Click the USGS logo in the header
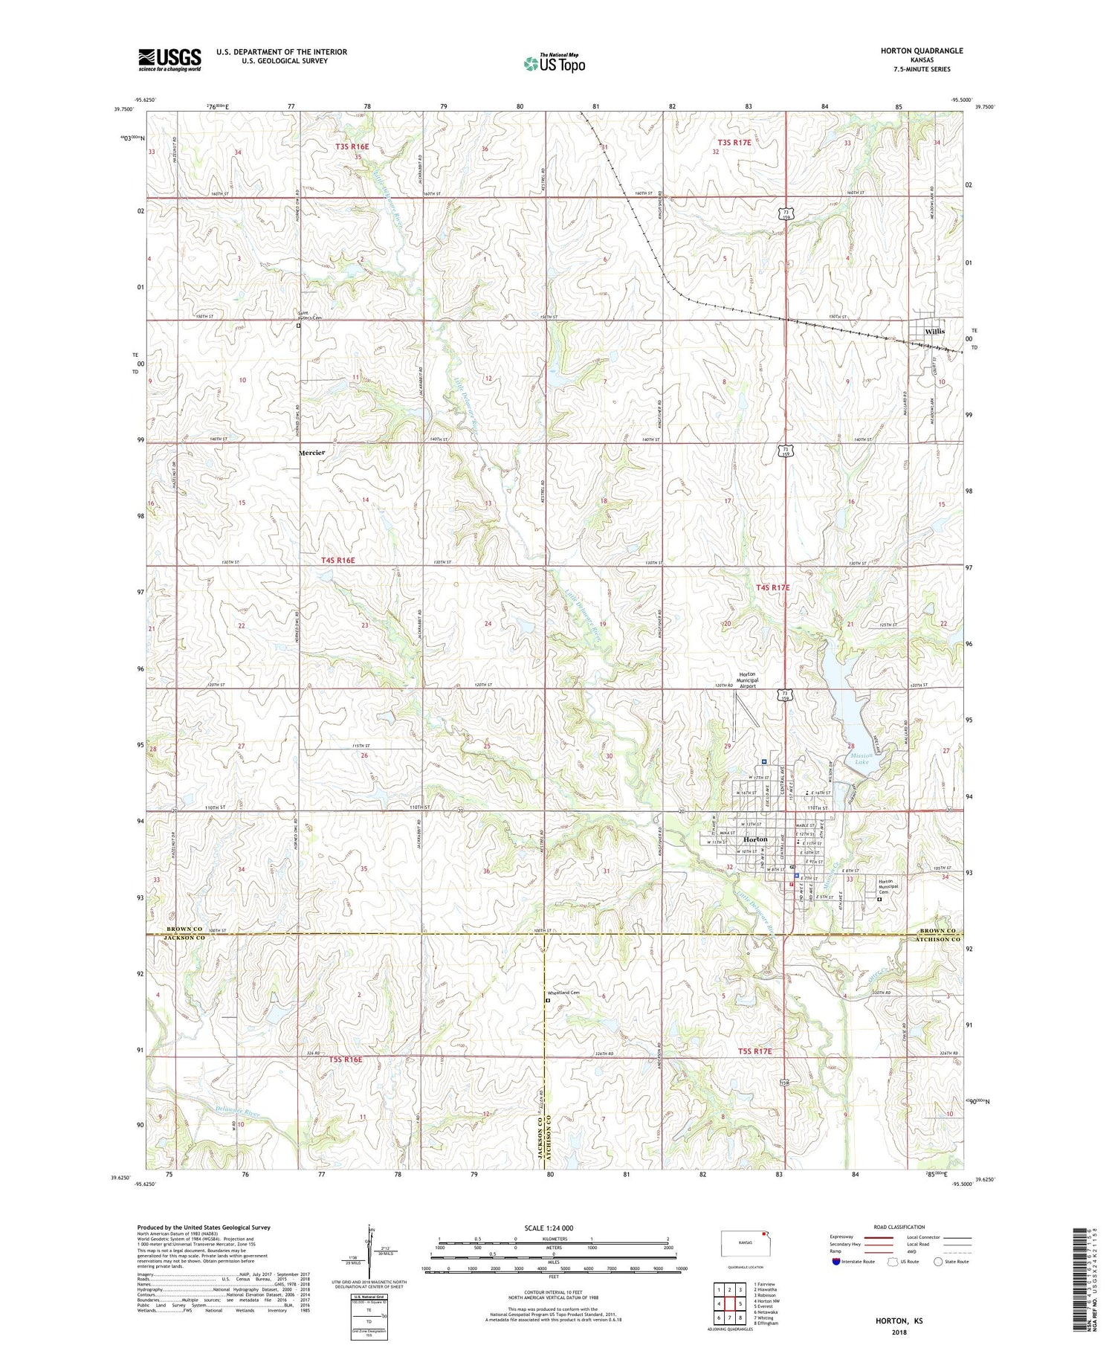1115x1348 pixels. pyautogui.click(x=169, y=59)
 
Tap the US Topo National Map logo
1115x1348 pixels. pyautogui.click(x=554, y=64)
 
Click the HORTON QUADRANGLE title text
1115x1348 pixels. pyautogui.click(x=922, y=51)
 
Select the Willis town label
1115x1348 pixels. pyautogui.click(x=934, y=331)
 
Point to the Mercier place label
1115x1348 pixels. pyautogui.click(x=311, y=452)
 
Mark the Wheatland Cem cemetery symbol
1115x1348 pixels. pyautogui.click(x=548, y=1000)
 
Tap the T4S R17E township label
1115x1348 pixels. pyautogui.click(x=773, y=587)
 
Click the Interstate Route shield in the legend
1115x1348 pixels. pyautogui.click(x=836, y=1262)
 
